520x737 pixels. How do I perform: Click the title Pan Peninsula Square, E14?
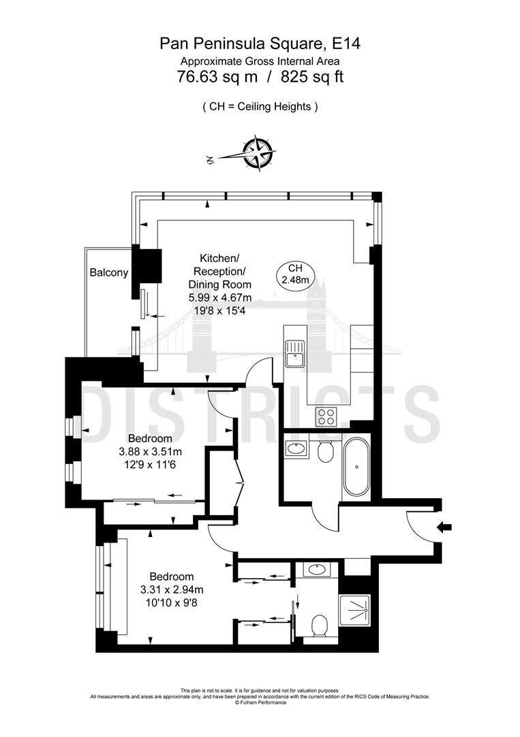pyautogui.click(x=260, y=44)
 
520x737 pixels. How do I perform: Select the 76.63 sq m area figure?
pyautogui.click(x=217, y=77)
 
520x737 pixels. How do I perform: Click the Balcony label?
pyautogui.click(x=109, y=273)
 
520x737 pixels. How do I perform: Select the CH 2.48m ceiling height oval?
pyautogui.click(x=295, y=274)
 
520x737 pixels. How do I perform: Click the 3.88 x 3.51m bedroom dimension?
pyautogui.click(x=151, y=451)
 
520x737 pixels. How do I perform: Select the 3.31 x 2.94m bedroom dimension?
pyautogui.click(x=172, y=590)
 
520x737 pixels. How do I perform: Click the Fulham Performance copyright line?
pyautogui.click(x=260, y=702)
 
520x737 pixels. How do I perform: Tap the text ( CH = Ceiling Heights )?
pyautogui.click(x=260, y=106)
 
